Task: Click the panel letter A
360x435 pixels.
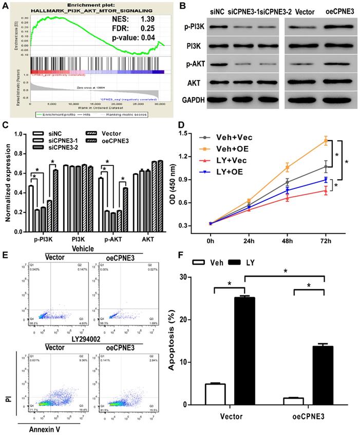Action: pyautogui.click(x=6, y=6)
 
